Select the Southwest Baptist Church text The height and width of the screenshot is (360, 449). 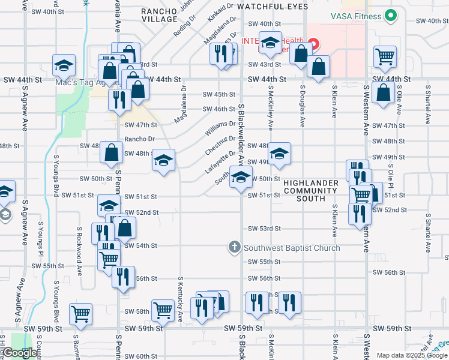[x=292, y=247]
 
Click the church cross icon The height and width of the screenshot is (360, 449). [x=234, y=247]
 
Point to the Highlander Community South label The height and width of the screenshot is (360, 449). [x=311, y=190]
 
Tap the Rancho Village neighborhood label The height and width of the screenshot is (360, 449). [x=160, y=15]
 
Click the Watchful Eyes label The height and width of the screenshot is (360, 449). [x=273, y=7]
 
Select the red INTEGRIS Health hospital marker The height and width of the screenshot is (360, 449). [x=315, y=44]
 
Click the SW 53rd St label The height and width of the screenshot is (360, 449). [x=265, y=229]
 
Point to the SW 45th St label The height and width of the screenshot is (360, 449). [x=218, y=94]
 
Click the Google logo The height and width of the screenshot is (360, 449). [x=20, y=353]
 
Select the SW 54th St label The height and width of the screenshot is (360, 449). [x=141, y=246]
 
